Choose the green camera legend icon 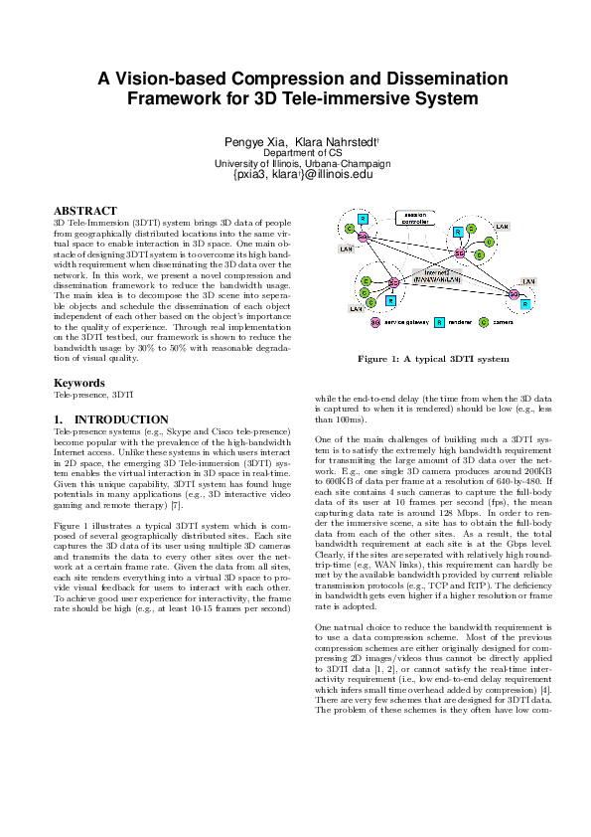484,322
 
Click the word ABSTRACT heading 85,211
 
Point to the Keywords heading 78,383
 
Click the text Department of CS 295,154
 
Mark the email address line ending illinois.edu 295,174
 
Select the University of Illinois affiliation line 295,164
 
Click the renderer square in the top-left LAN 363,218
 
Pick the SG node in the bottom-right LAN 513,293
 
